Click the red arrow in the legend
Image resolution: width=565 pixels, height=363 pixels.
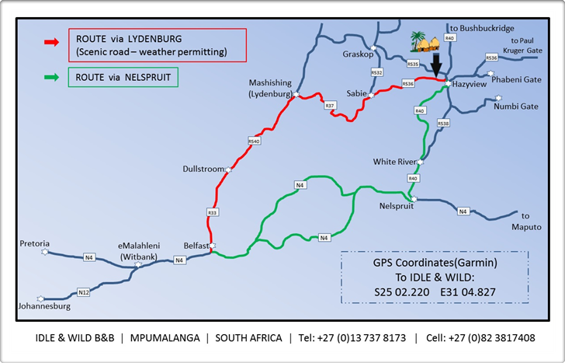pyautogui.click(x=52, y=44)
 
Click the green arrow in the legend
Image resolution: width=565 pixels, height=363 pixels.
pyautogui.click(x=52, y=77)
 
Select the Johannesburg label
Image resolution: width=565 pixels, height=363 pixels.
pyautogui.click(x=43, y=306)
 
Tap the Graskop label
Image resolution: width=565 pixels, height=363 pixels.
pyautogui.click(x=358, y=54)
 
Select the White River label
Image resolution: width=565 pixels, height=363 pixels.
pyautogui.click(x=393, y=162)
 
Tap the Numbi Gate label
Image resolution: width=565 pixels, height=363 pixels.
pyautogui.click(x=516, y=106)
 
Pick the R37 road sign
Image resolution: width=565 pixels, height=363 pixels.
pyautogui.click(x=330, y=104)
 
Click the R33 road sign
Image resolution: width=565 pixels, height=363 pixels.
pyautogui.click(x=212, y=211)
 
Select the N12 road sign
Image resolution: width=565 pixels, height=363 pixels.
pyautogui.click(x=83, y=292)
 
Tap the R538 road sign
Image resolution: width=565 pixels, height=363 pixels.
pyautogui.click(x=443, y=123)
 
